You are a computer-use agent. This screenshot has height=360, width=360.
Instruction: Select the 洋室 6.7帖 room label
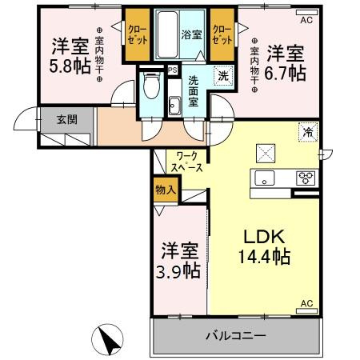pos(286,62)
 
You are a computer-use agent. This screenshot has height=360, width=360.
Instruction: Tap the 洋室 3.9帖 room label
pos(178,260)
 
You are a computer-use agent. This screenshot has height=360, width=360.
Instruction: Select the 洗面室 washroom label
pos(195,84)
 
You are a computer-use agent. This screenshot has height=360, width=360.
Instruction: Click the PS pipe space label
pos(172,70)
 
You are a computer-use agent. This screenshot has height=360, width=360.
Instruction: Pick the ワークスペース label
pos(186,162)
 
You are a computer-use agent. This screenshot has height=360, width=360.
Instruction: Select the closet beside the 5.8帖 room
pos(135,35)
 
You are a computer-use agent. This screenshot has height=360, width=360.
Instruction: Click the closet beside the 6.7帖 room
pos(222,35)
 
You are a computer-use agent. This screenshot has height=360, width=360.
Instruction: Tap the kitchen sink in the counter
pos(266,178)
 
